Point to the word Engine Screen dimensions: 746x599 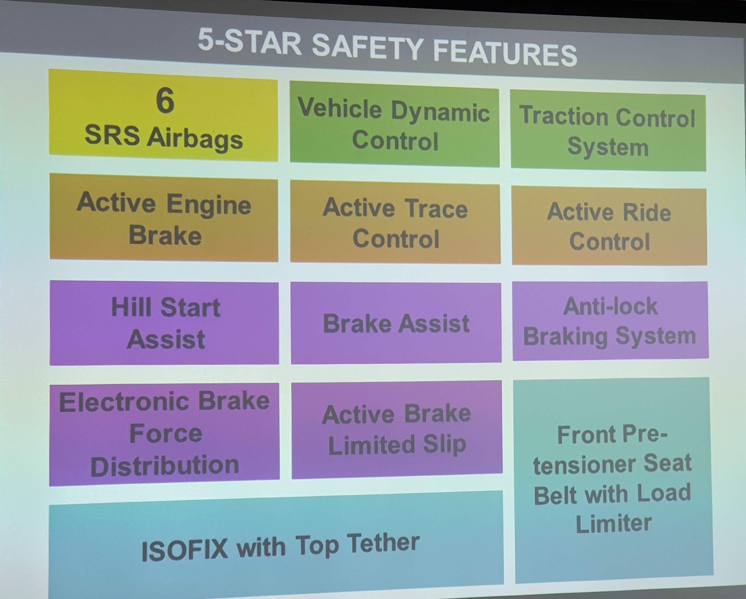tap(209, 205)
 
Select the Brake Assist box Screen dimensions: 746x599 tap(396, 323)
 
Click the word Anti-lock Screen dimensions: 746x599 tap(610, 306)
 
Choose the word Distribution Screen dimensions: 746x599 tap(165, 466)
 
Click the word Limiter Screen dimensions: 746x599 tap(613, 523)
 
